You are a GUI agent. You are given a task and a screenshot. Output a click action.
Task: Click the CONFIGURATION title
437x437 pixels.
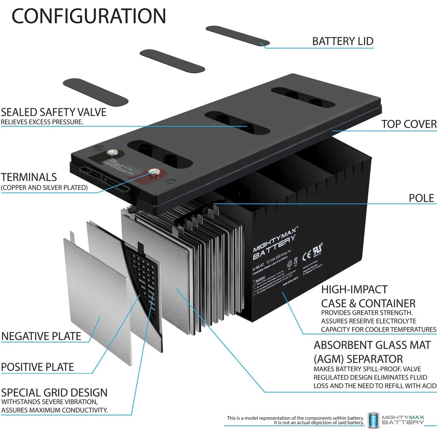point(89,16)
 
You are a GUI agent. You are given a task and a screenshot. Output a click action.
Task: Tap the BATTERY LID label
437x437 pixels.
point(343,41)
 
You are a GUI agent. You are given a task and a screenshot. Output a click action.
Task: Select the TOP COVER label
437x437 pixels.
point(409,124)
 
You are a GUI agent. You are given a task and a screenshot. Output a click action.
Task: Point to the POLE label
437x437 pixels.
point(421,198)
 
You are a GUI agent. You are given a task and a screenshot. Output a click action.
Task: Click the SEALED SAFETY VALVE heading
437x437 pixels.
point(54,112)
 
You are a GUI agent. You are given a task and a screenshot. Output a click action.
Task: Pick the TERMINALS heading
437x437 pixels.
point(29,177)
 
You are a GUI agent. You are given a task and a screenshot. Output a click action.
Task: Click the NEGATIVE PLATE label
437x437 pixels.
point(41,336)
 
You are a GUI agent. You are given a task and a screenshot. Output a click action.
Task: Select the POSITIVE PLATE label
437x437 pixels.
point(38,367)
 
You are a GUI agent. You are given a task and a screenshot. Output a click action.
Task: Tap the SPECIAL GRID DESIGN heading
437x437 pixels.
point(54,393)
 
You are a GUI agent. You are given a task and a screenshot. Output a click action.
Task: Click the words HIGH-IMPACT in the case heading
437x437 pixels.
point(354,290)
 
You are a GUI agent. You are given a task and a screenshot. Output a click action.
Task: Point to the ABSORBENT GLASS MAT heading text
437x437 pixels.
point(372,345)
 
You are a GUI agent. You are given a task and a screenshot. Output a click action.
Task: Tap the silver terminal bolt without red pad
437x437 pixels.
point(112,152)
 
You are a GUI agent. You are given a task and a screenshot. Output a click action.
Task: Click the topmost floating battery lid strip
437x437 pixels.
point(237,36)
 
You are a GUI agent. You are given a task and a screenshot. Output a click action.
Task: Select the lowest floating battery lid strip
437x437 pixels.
point(96,92)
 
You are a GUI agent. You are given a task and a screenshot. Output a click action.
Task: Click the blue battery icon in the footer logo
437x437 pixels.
point(373,420)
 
